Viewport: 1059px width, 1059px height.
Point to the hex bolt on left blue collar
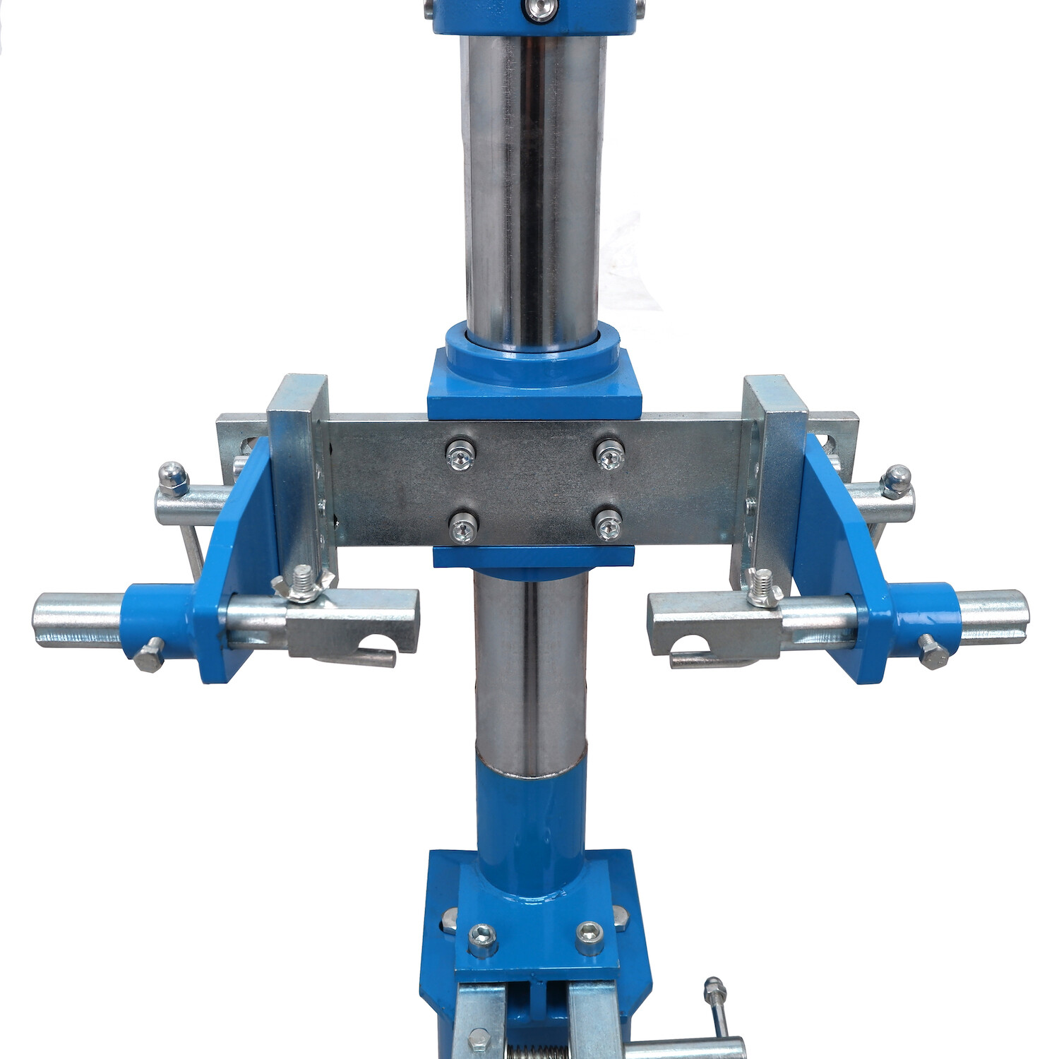(x=149, y=657)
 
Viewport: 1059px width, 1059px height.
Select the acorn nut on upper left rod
(x=172, y=478)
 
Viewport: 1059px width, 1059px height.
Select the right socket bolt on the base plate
(x=590, y=935)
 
